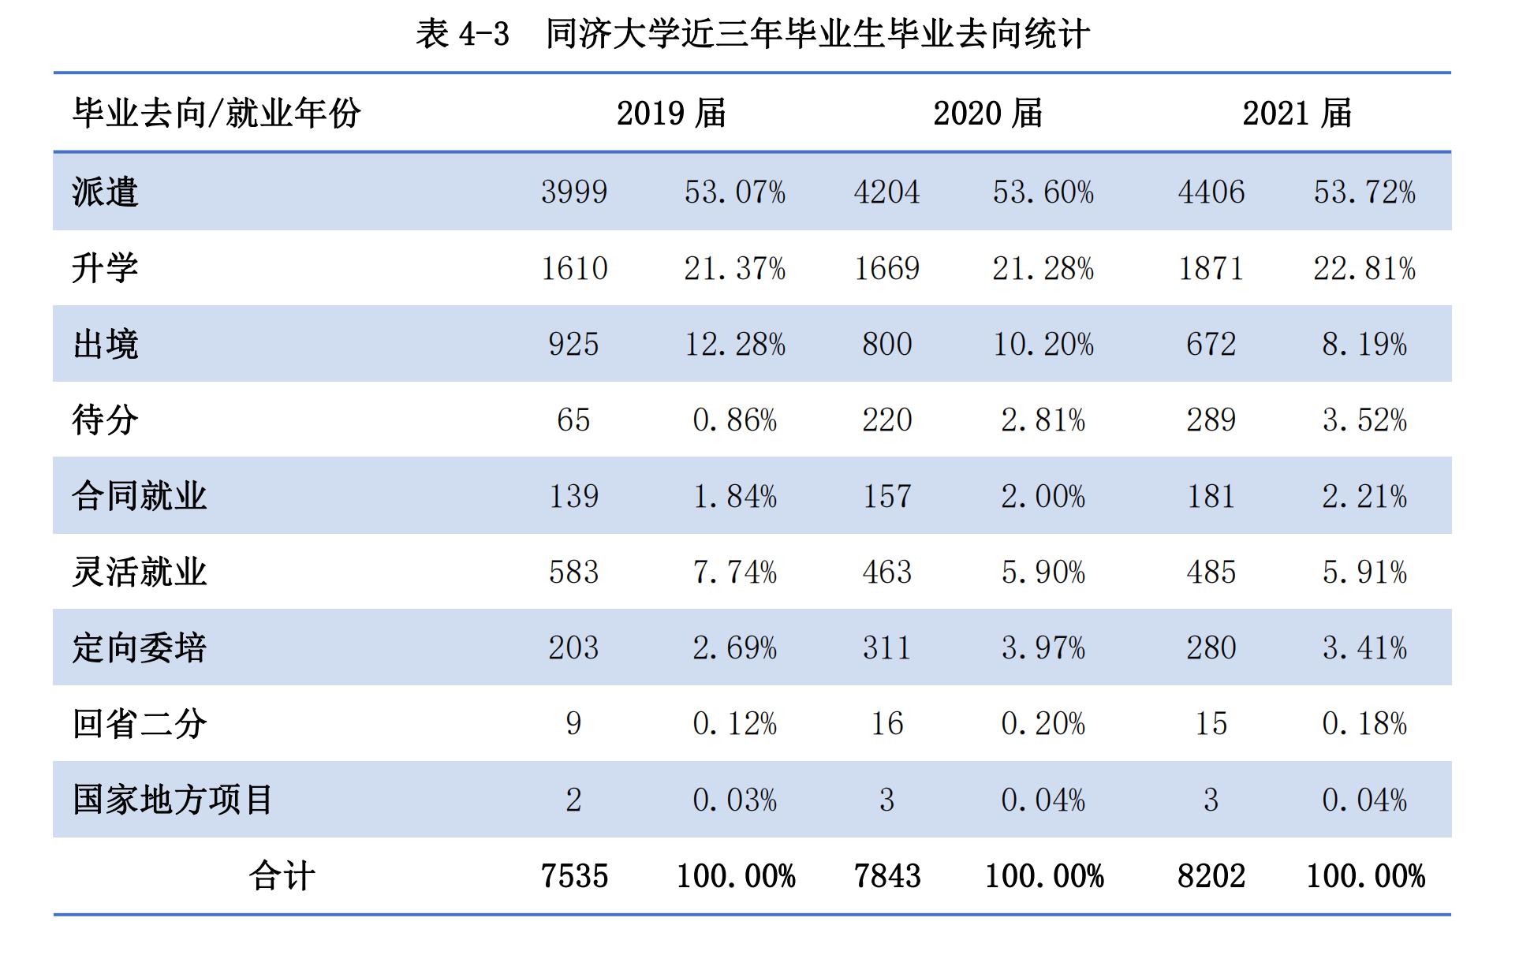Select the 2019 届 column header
coord(671,113)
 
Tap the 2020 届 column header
coord(987,113)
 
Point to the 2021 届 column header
coord(1297,113)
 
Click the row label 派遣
coord(105,192)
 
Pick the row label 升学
coord(105,268)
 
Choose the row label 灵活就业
coord(139,572)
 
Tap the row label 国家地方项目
coord(173,800)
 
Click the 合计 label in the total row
coord(282,876)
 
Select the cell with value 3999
coord(574,192)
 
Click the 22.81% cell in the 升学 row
coord(1364,268)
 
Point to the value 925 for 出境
coord(574,344)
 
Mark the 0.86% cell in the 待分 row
coord(734,420)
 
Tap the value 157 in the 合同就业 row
coord(886,496)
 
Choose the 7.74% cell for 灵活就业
coord(734,572)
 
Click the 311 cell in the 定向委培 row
coord(886,647)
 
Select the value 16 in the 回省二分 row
coord(886,723)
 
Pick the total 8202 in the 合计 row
coord(1211,876)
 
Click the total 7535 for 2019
coord(574,876)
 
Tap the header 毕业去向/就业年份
coord(217,113)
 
